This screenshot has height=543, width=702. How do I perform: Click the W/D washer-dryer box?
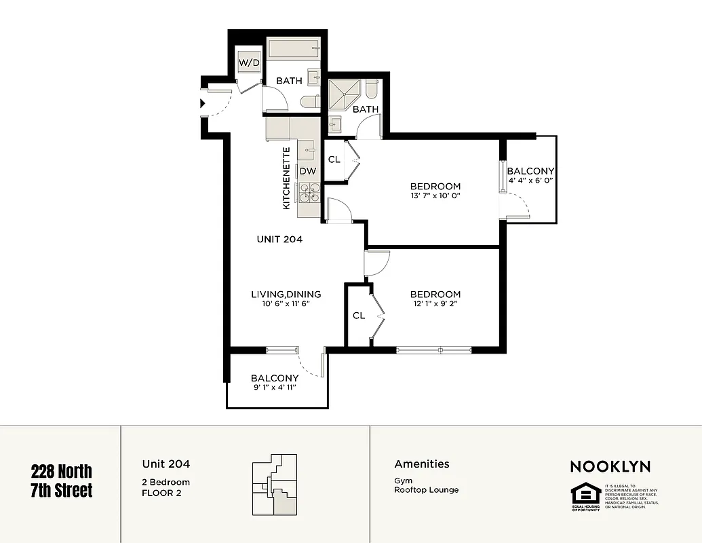[x=248, y=62]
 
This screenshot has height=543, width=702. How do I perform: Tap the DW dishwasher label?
[x=307, y=171]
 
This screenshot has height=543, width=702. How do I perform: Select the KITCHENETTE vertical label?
[x=286, y=178]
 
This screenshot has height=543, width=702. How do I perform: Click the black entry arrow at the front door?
[x=203, y=103]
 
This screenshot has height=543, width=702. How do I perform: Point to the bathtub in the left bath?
[x=293, y=49]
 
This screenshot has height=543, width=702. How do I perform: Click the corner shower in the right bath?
[x=344, y=93]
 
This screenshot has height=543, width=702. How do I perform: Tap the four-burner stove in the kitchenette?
[x=309, y=194]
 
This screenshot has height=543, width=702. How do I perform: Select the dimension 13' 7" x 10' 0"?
[x=435, y=195]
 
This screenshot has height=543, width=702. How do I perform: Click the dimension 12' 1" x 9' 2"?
[x=435, y=304]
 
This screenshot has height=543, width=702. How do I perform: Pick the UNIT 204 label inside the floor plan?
[x=279, y=239]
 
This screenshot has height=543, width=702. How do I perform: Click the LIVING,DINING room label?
[x=286, y=294]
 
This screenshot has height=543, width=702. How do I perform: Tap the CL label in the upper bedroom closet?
[x=334, y=160]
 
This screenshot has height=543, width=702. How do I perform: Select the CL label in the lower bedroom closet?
[x=359, y=316]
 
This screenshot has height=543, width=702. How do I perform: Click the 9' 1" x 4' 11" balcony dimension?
[x=275, y=388]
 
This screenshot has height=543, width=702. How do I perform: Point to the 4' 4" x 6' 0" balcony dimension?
[x=530, y=181]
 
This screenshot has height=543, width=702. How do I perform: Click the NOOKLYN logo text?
[x=610, y=466]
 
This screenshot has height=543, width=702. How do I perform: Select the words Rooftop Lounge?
[x=426, y=489]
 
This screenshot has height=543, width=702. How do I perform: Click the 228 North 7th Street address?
[x=62, y=480]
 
